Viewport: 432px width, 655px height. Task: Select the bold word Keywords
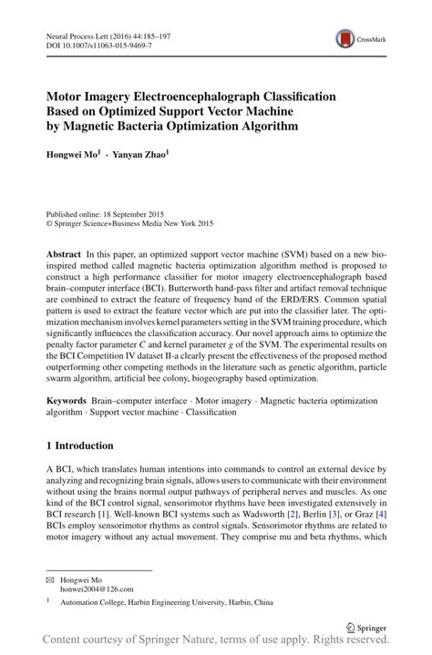[x=71, y=401]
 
